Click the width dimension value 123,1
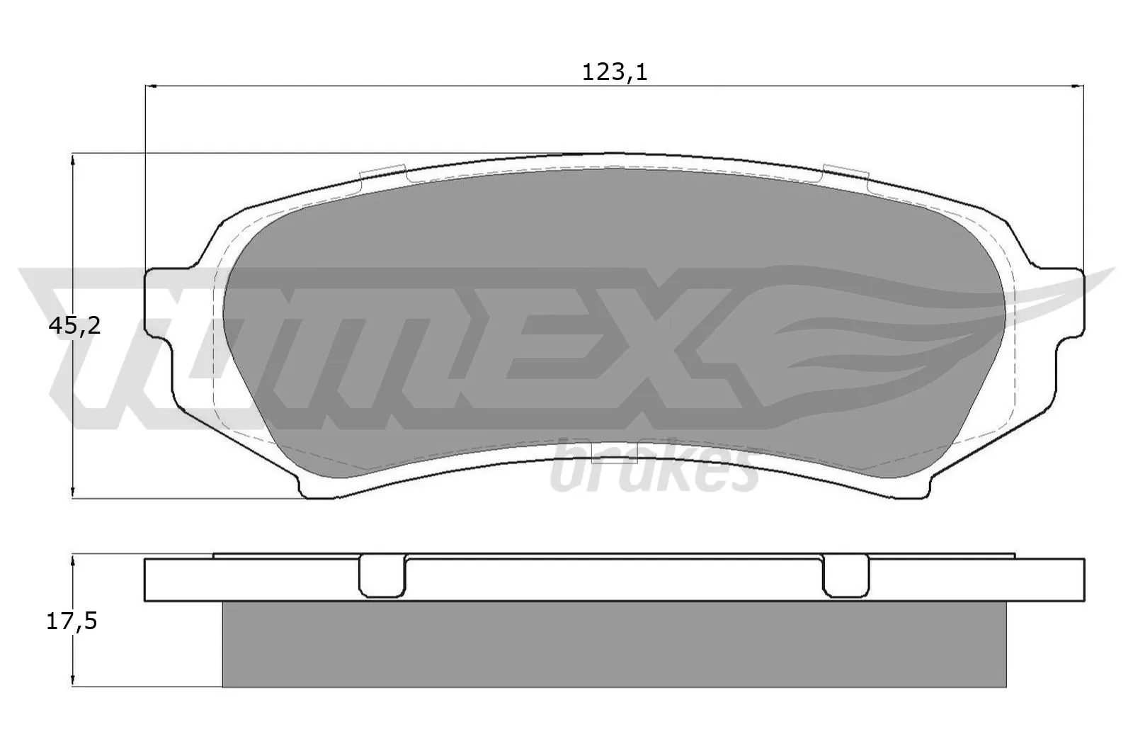click(x=614, y=72)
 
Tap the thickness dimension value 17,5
click(x=72, y=621)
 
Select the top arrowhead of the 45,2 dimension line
click(x=74, y=158)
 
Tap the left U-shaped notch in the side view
click(x=382, y=575)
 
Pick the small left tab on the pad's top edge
click(x=382, y=172)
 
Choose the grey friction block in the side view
click(x=614, y=644)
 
